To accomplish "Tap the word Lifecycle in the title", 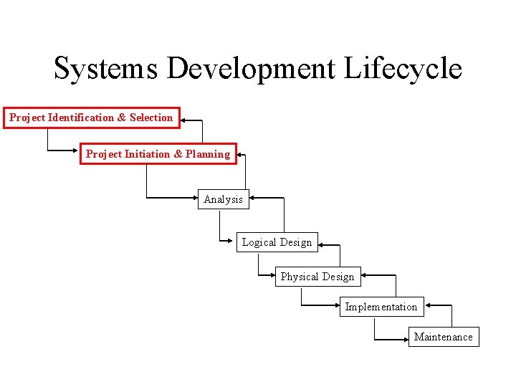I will click(403, 69).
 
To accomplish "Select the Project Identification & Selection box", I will click(91, 118).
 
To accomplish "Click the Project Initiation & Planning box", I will click(158, 154).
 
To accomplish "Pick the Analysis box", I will click(223, 199).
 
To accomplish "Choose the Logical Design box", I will click(277, 242).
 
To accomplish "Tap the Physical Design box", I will click(317, 277).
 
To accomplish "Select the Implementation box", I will click(381, 307).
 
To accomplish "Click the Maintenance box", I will click(443, 337).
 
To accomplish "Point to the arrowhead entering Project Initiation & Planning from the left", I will click(77, 150).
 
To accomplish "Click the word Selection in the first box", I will click(151, 118).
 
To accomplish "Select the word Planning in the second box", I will click(208, 154).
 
